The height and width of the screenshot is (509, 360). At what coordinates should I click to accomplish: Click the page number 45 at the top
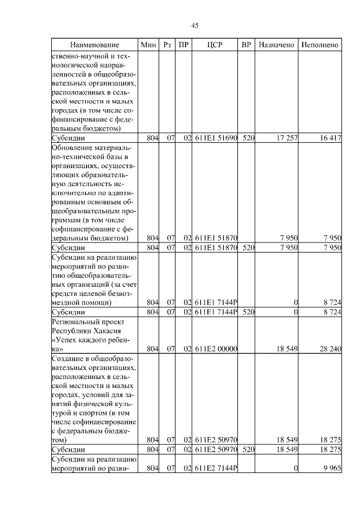(195, 25)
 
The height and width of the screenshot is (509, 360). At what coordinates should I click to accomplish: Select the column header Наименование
(94, 44)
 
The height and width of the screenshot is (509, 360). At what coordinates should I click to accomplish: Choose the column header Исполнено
(319, 44)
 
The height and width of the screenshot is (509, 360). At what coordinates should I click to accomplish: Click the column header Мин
(148, 44)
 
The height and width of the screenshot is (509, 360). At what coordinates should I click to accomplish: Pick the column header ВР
(246, 44)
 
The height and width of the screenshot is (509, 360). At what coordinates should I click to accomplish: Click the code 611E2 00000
(216, 349)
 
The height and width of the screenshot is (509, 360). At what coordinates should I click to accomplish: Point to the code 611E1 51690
(216, 138)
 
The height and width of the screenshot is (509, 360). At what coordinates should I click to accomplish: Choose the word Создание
(66, 358)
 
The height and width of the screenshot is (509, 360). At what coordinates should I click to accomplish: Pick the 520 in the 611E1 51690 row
(246, 138)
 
